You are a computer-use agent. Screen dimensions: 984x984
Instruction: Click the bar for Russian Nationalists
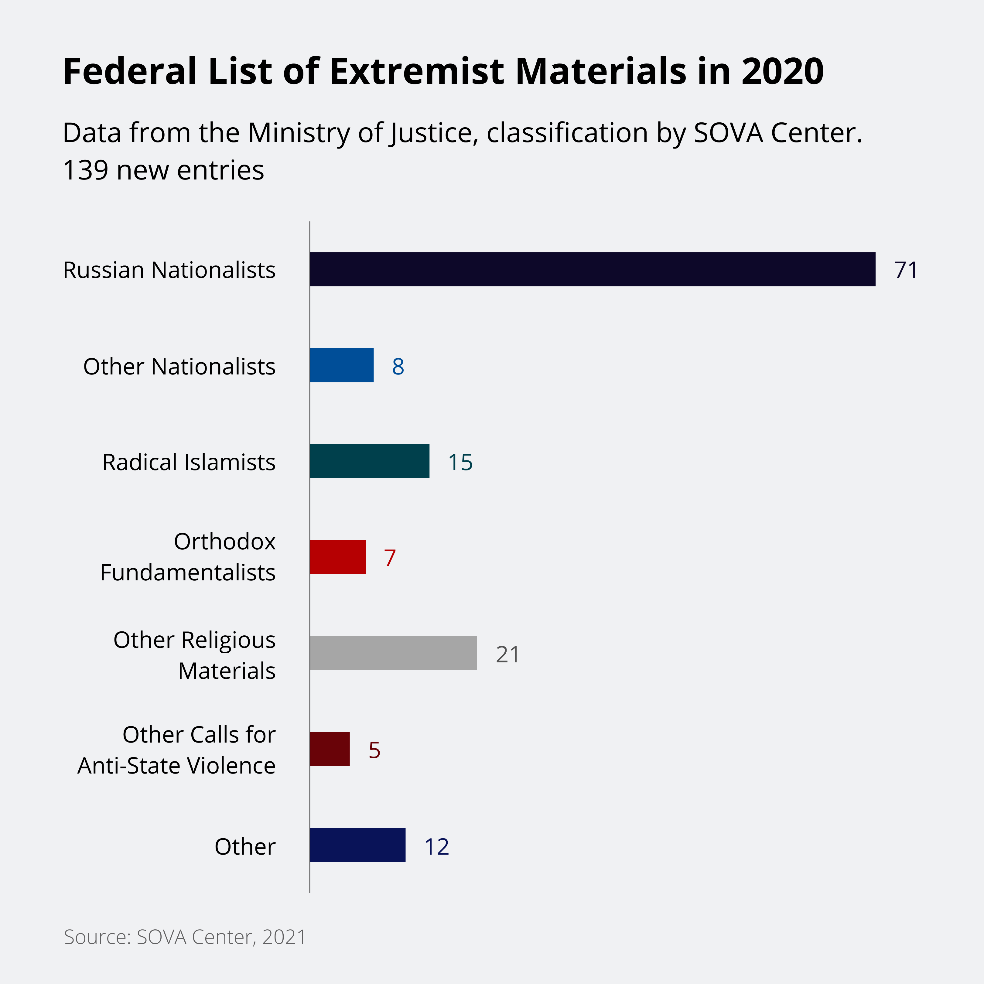[592, 269]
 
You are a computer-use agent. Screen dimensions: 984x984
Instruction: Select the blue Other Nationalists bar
[342, 365]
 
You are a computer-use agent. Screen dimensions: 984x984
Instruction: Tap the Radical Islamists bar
[369, 461]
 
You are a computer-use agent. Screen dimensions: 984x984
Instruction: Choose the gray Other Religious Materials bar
[393, 653]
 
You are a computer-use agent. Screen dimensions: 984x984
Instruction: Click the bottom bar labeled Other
[357, 845]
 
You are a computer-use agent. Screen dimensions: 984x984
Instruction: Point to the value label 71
[906, 270]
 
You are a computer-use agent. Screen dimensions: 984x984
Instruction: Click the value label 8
[398, 366]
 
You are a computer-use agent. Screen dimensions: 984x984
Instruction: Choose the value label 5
[374, 750]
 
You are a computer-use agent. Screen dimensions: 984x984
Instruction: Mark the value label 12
[436, 846]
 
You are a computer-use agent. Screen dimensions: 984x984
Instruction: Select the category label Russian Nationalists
[169, 270]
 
